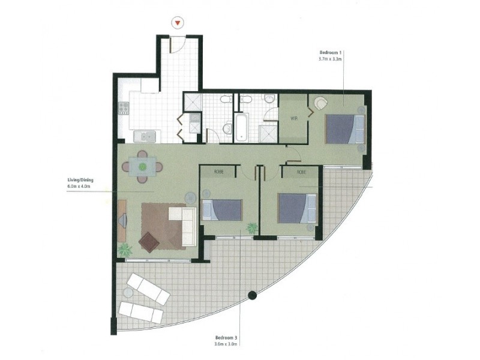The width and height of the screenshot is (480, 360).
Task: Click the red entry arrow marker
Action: pos(177,23)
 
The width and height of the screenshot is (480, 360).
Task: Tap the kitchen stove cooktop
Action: pos(124,108)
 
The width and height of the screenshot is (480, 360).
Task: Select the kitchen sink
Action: pos(145,137)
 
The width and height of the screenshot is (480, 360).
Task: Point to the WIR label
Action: pos(294,118)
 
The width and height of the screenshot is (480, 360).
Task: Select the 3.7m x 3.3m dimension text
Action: pos(331,59)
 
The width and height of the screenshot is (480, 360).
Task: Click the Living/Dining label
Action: pos(80,179)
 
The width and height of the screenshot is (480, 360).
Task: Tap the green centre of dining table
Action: pos(142,165)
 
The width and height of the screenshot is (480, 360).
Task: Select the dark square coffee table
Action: pos(149,242)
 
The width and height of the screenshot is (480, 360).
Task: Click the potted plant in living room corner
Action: pos(125,250)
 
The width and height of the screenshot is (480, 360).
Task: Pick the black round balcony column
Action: pos(253,295)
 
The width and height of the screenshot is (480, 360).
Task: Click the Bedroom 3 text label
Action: pos(227,337)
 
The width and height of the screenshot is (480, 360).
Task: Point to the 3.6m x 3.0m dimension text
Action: pos(227,344)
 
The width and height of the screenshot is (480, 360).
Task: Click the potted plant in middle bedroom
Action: pos(252,228)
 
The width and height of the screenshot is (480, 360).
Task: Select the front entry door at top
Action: pos(175,44)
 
